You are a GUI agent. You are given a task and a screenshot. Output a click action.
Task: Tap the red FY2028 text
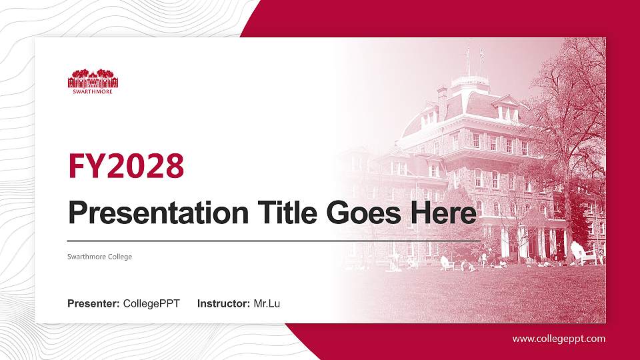[x=126, y=166]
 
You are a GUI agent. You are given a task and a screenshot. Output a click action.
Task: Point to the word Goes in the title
[x=358, y=213]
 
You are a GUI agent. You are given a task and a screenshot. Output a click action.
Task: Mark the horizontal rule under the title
[x=273, y=240]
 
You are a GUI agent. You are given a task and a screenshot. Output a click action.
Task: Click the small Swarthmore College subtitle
[x=100, y=257]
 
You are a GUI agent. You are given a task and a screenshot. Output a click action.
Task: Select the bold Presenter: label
[x=93, y=304]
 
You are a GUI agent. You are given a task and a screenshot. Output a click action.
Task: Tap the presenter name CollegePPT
[x=151, y=304]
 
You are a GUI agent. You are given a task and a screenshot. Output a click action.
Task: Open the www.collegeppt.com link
[x=559, y=339]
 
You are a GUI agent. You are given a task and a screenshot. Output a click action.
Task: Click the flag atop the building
[x=482, y=51]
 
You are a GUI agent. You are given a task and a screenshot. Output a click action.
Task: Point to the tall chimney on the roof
[x=442, y=100]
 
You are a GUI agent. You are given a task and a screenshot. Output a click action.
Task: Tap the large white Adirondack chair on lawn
[x=578, y=253]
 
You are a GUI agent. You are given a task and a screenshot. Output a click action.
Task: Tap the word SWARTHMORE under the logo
[x=93, y=91]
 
